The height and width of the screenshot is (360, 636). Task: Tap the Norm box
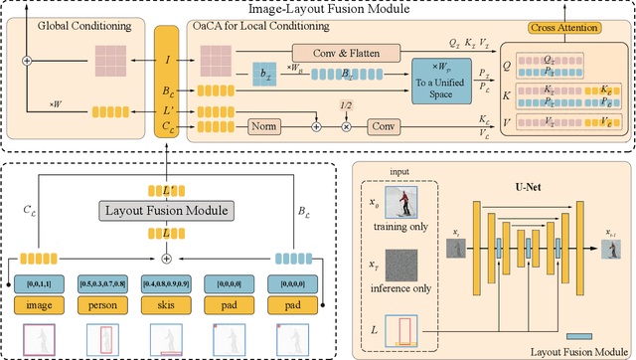click(x=261, y=127)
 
